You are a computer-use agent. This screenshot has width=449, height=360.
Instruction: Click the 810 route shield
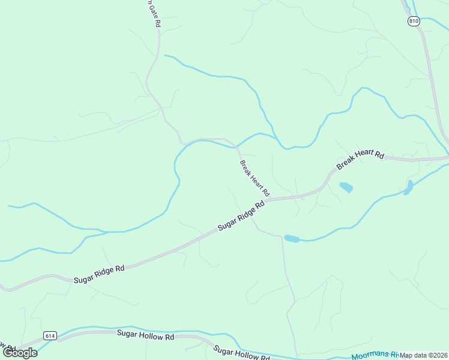pyautogui.click(x=413, y=21)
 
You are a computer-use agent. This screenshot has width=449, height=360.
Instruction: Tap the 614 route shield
pyautogui.click(x=50, y=335)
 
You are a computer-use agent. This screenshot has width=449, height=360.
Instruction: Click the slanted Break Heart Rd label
pyautogui.click(x=255, y=179)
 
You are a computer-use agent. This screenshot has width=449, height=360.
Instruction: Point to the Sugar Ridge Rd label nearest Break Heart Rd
pyautogui.click(x=241, y=216)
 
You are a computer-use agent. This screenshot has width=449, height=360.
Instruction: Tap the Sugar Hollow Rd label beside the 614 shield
pyautogui.click(x=145, y=336)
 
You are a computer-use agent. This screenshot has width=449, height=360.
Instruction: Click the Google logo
pyautogui.click(x=20, y=352)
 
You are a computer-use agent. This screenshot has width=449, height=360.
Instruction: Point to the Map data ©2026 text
pyautogui.click(x=424, y=355)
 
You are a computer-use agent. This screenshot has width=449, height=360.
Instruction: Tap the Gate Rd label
pyautogui.click(x=154, y=13)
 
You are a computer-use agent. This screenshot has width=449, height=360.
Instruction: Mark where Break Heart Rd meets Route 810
pyautogui.click(x=447, y=158)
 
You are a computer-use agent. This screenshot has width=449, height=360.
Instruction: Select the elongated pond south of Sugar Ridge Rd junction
pyautogui.click(x=292, y=238)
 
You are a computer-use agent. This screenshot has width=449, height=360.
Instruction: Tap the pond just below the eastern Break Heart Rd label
pyautogui.click(x=346, y=187)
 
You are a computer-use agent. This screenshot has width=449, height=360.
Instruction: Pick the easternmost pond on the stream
pyautogui.click(x=409, y=187)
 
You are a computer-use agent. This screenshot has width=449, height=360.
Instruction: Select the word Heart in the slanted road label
pyautogui.click(x=255, y=179)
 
